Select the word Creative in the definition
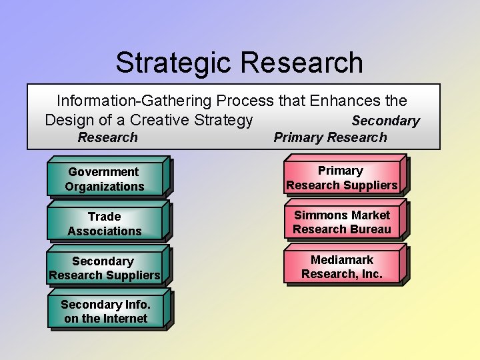(x=159, y=120)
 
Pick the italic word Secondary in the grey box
(x=385, y=121)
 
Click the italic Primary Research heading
(x=330, y=137)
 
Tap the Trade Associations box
(x=105, y=223)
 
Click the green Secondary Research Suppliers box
(x=105, y=268)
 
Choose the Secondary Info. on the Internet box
(x=106, y=311)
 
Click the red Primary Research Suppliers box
(x=342, y=178)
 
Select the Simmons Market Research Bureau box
(x=342, y=222)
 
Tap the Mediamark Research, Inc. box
(x=342, y=267)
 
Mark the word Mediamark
(x=342, y=259)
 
